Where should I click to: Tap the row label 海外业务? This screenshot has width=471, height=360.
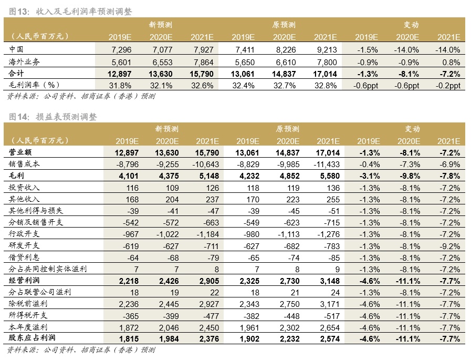25,61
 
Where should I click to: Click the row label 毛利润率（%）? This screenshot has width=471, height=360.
35,85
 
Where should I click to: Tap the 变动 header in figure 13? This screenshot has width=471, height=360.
411,25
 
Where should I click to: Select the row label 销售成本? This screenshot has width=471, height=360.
25,164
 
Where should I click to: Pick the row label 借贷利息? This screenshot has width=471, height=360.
25,257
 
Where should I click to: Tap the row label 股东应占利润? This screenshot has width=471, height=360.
33,338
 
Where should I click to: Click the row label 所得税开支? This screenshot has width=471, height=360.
28,315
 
